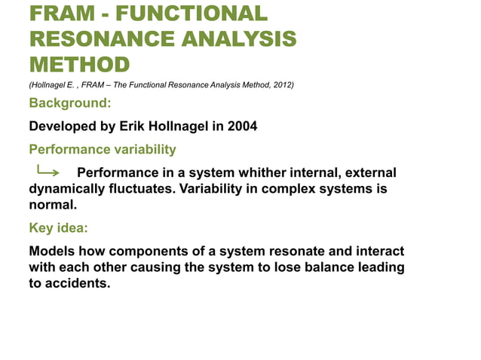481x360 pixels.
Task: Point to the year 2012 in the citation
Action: click(282, 84)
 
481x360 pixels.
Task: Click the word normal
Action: click(52, 204)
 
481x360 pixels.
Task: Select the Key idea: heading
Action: click(58, 227)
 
